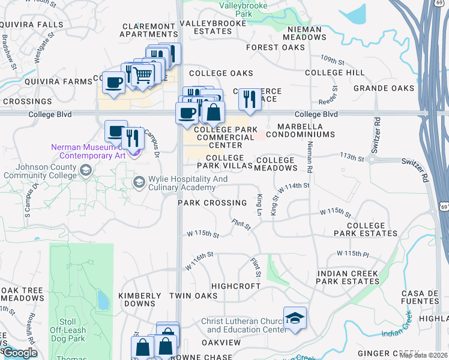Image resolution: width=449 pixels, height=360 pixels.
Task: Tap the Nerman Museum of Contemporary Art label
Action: coord(88,151)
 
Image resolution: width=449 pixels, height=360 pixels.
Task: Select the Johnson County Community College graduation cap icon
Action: coord(85,172)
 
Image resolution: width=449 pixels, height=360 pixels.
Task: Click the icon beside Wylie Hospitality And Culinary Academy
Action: coord(139,181)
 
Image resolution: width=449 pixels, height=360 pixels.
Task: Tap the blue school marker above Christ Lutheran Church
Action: coord(295,318)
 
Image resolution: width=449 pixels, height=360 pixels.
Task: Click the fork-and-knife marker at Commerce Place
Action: coord(250,99)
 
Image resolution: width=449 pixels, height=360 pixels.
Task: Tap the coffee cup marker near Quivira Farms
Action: coord(113,83)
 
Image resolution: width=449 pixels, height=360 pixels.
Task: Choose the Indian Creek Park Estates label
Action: coord(348,277)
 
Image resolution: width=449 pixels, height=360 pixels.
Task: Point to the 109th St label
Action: coord(332,61)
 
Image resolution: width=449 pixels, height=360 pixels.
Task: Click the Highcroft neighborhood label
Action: coord(235,286)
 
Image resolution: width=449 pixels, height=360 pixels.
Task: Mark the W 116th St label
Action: coord(199,262)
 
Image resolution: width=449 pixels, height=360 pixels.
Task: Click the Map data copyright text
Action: coord(424,355)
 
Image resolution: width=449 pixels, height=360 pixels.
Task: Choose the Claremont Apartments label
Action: coord(149,30)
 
